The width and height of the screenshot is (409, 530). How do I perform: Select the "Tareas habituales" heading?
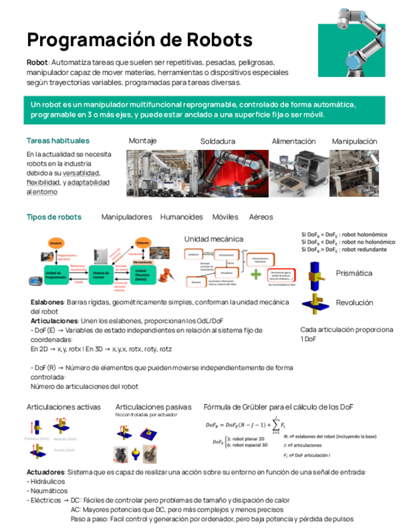point(58,141)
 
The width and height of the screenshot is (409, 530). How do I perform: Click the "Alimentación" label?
point(293,141)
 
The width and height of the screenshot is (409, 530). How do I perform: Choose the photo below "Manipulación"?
point(353,173)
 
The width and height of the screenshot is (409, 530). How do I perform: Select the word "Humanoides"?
point(181,217)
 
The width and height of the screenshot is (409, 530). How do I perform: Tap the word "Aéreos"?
point(260,217)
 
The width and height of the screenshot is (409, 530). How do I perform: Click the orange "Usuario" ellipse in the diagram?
point(56,242)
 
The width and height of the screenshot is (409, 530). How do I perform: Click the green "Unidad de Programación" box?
point(56,275)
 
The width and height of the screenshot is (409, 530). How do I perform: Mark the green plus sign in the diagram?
point(256,274)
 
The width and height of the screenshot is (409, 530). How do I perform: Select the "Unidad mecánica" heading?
point(214,239)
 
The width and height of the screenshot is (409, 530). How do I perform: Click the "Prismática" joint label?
point(354,273)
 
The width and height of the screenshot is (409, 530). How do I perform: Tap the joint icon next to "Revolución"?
point(315,302)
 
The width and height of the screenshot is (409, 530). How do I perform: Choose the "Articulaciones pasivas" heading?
point(154,407)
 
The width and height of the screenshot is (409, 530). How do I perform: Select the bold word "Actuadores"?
point(46,471)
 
